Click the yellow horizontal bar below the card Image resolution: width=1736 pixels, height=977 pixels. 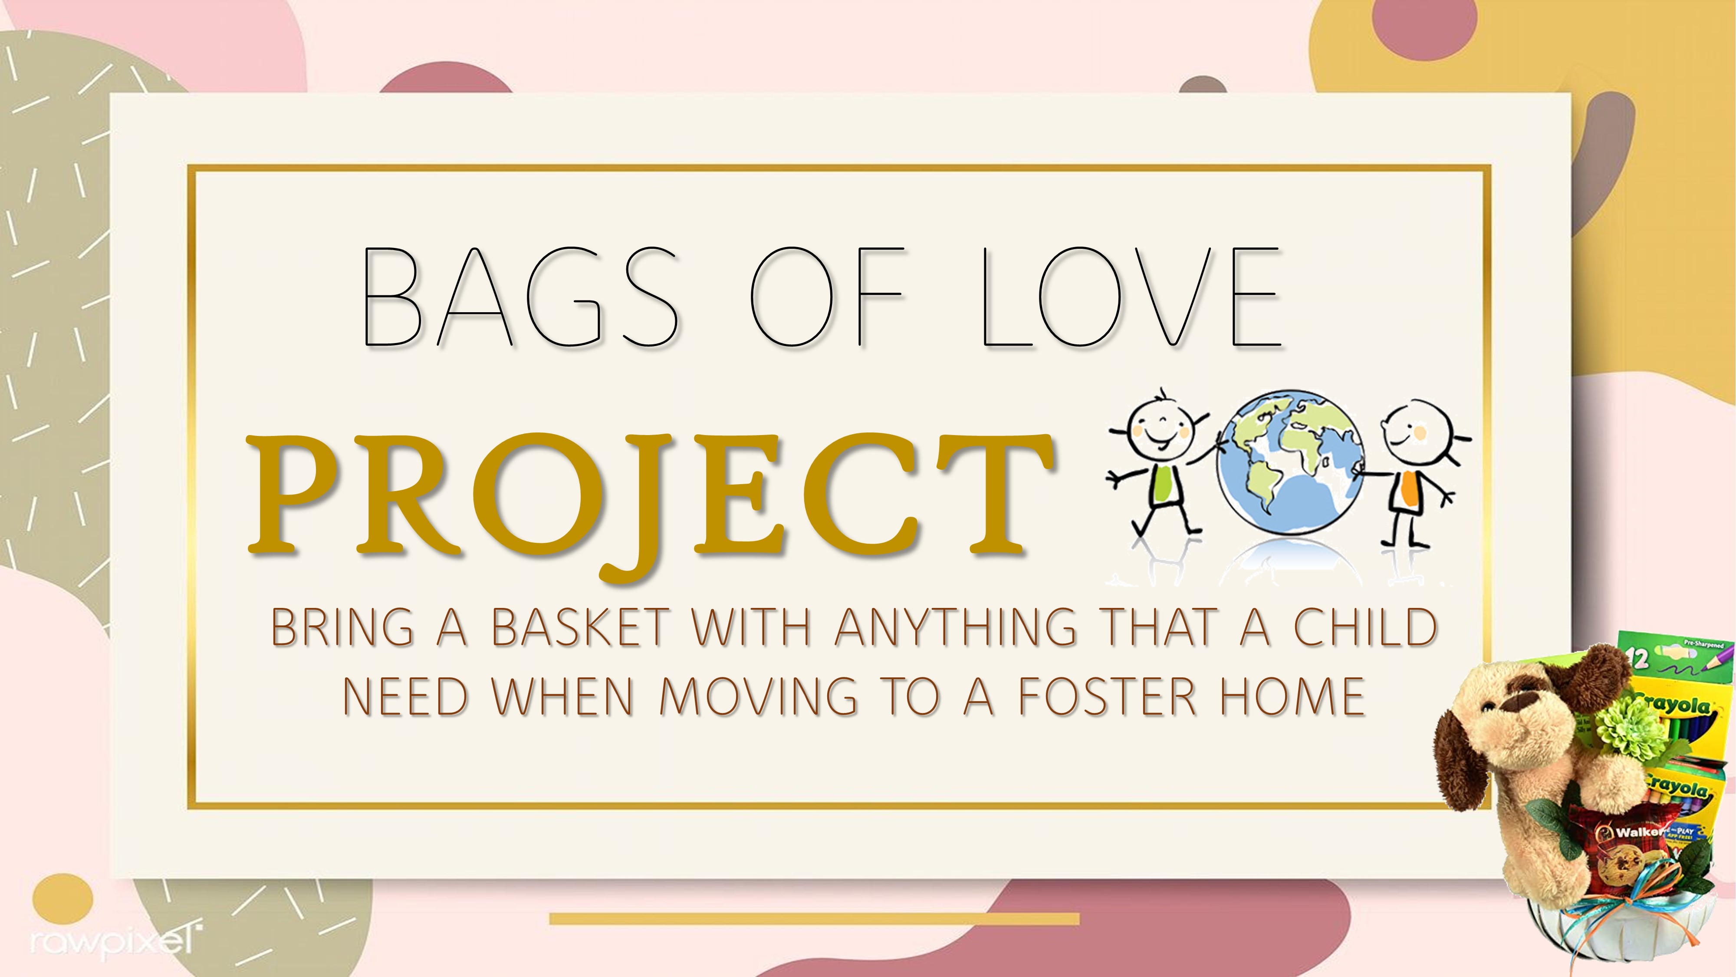[814, 918]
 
